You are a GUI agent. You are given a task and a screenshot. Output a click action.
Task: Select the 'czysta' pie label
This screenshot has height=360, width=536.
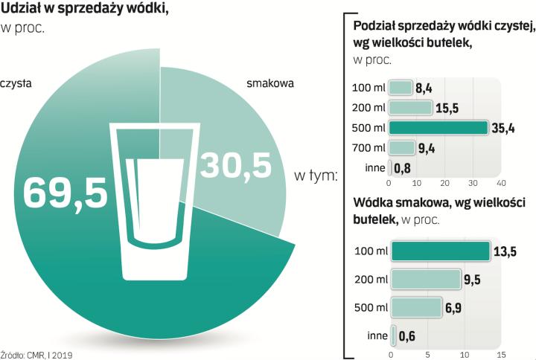point(16,84)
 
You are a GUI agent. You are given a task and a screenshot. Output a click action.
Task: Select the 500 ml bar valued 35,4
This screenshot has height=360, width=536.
point(439,128)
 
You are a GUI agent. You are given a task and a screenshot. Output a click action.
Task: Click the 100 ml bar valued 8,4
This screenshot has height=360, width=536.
point(401,88)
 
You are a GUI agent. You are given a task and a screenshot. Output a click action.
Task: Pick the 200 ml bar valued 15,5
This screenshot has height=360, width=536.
point(411,108)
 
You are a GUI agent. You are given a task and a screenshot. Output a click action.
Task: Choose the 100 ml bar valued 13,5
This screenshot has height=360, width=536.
point(441,251)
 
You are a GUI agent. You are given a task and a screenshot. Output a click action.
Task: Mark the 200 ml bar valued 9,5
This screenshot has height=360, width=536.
point(427,280)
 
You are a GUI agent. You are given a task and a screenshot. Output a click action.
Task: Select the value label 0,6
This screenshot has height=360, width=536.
point(406,335)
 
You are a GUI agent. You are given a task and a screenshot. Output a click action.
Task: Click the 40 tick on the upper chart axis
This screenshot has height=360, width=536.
point(500,182)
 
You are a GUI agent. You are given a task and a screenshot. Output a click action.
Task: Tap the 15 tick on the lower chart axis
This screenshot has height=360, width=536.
point(501,354)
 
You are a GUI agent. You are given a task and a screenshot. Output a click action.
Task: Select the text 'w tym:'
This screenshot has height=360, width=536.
point(316,177)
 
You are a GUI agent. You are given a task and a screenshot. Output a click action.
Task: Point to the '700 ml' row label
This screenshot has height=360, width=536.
point(368,148)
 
